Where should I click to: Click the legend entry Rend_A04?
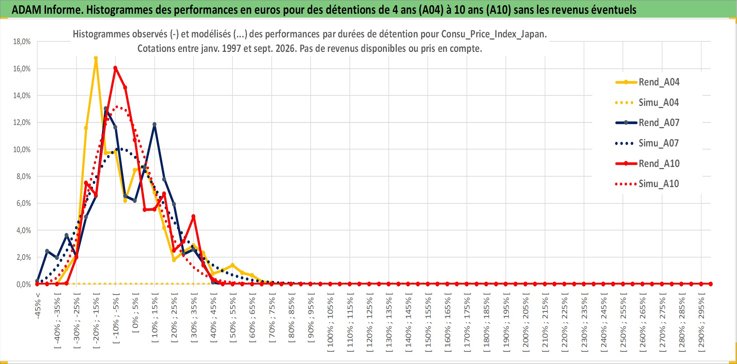647,82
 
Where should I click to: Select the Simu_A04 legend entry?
647,103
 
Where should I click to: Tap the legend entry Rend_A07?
647,123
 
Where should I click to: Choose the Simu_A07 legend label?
647,143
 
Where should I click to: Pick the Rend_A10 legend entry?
647,164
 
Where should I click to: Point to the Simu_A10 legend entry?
647,184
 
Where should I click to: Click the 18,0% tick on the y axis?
22,42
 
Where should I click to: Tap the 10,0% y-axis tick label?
22,149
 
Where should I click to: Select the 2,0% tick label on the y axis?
24,257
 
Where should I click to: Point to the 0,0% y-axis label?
24,285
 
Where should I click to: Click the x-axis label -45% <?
38,306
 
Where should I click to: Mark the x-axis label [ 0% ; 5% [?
135,312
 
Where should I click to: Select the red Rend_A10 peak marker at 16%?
115,68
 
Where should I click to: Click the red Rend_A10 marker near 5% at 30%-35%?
193,216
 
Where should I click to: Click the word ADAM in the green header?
26,10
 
